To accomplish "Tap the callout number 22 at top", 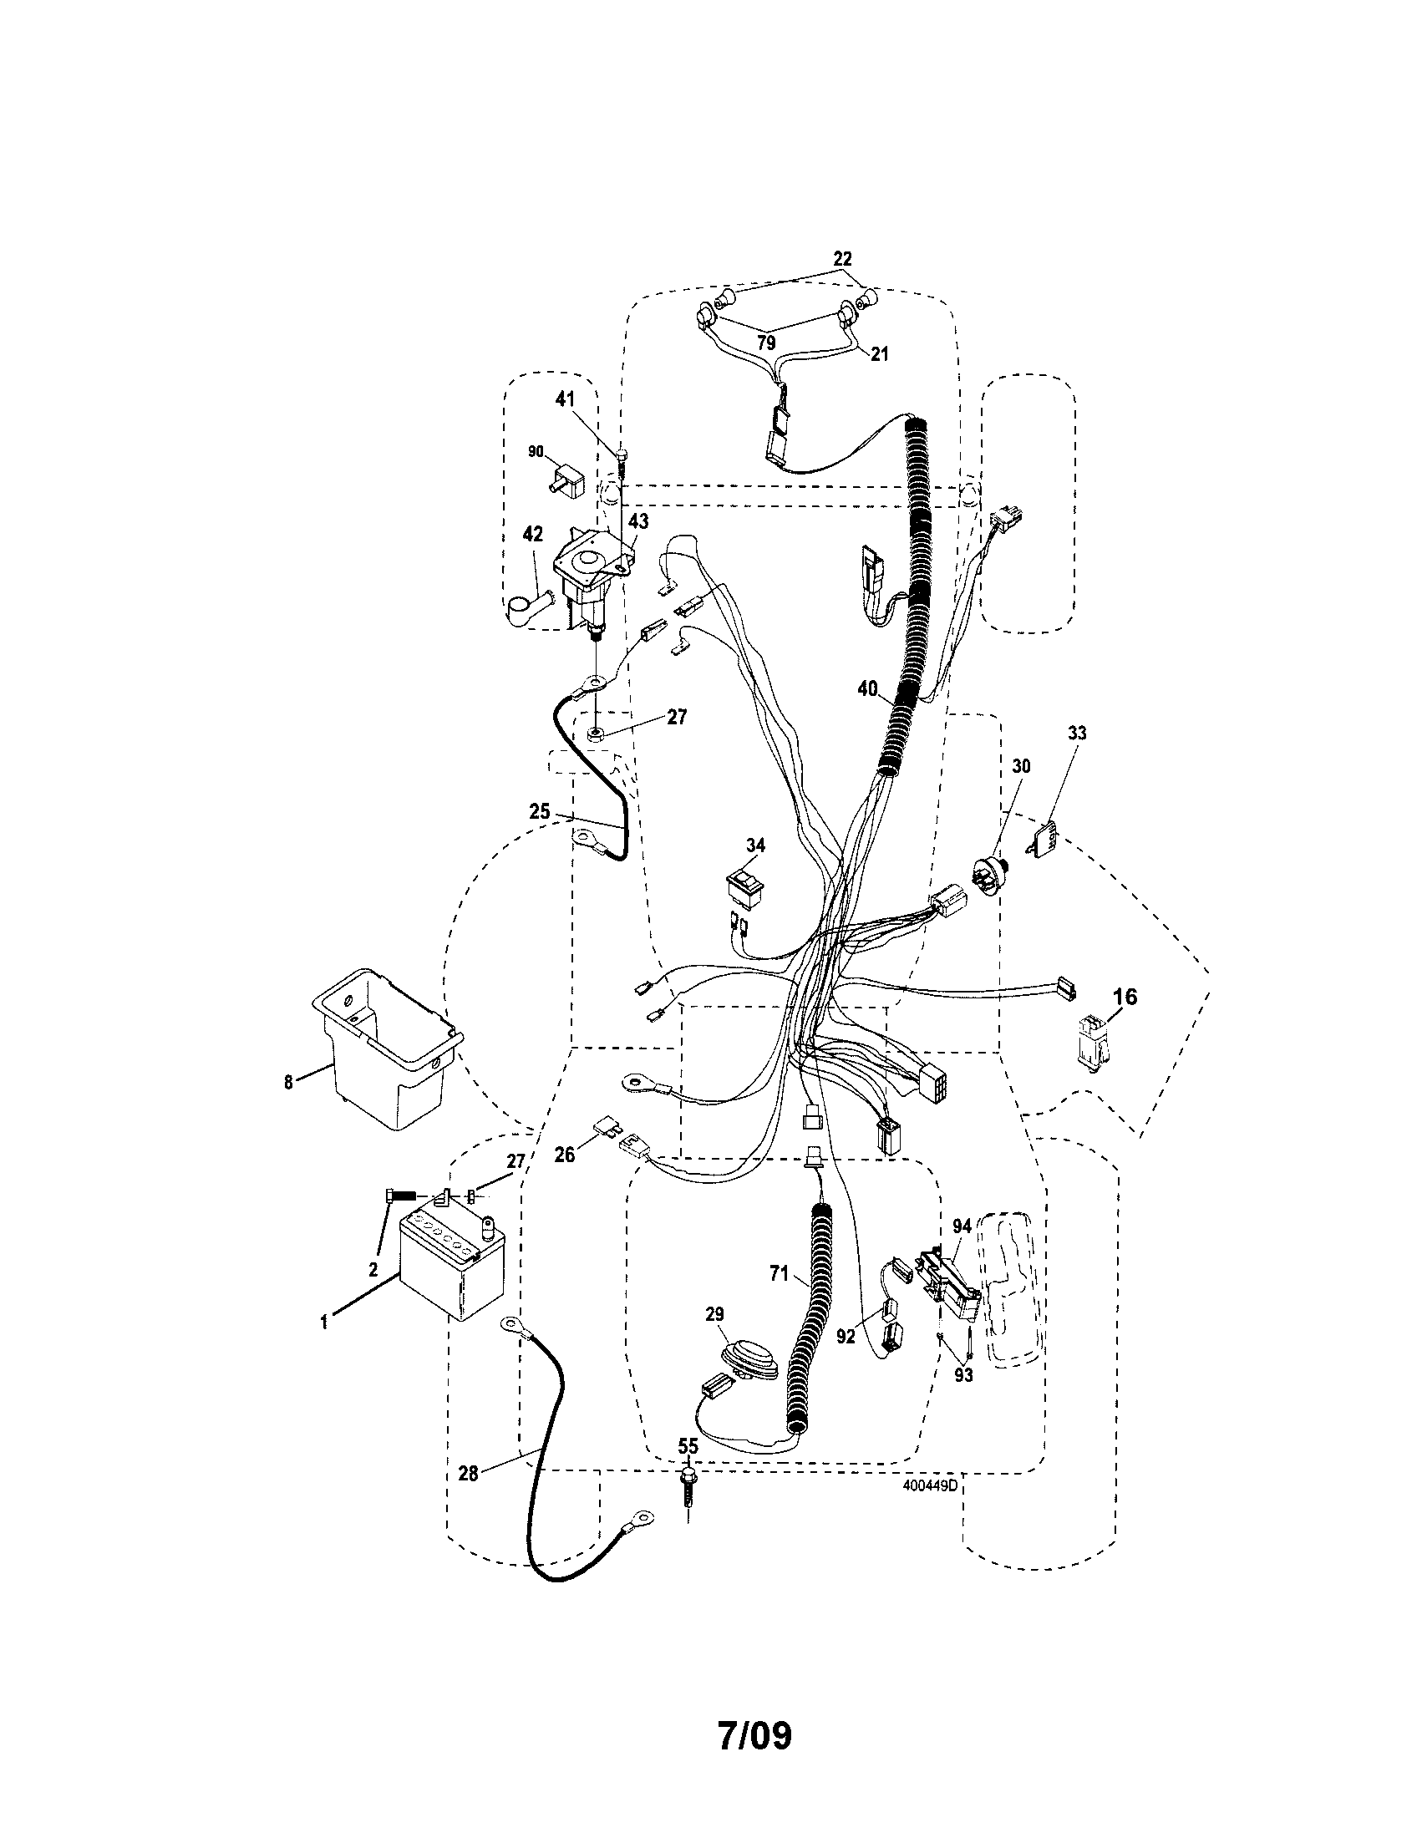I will point(841,258).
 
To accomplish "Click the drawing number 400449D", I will point(930,1485).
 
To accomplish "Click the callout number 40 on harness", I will point(867,689).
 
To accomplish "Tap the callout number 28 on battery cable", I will point(469,1473).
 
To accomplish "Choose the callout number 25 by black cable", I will point(540,812).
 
